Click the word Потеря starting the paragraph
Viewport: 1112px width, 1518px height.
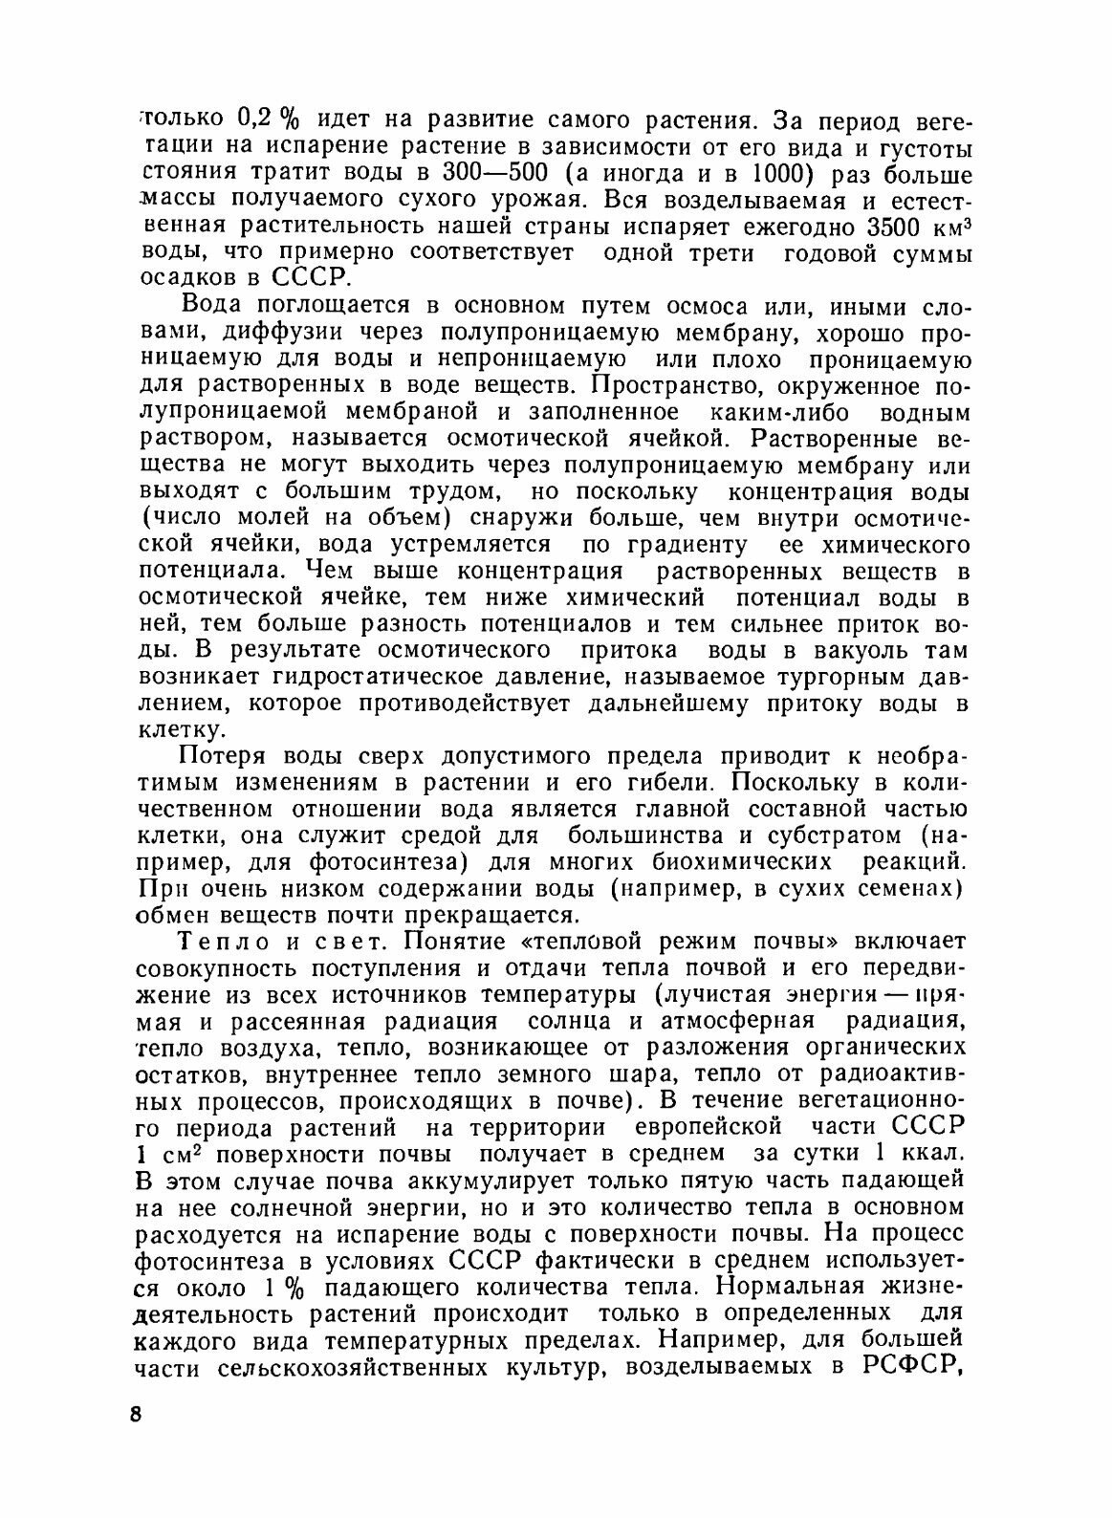tap(215, 757)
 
